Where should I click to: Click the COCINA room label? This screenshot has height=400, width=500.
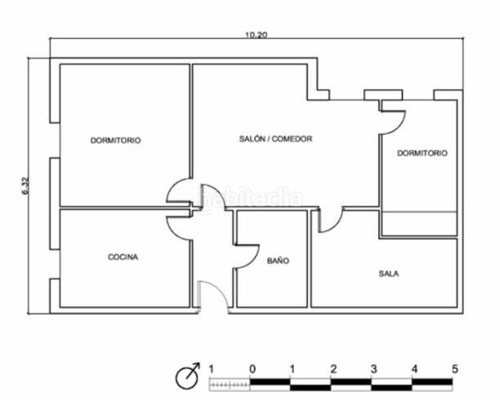tap(123, 257)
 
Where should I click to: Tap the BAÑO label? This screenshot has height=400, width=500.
tap(278, 260)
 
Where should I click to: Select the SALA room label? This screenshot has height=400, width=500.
tap(389, 273)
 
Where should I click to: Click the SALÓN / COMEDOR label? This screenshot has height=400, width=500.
tap(276, 139)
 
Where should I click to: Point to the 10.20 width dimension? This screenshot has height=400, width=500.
tap(256, 35)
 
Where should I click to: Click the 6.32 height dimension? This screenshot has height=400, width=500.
tap(25, 185)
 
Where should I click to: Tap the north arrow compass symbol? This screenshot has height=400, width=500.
tap(188, 376)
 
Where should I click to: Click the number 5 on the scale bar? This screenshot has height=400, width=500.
tap(455, 369)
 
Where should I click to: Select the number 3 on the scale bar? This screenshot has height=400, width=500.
tap(373, 369)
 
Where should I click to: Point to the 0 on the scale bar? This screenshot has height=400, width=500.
tap(252, 369)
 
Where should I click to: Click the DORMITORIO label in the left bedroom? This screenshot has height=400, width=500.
tap(116, 140)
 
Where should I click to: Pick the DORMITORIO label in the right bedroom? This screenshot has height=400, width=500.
tap(422, 153)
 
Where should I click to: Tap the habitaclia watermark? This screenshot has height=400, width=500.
tap(250, 197)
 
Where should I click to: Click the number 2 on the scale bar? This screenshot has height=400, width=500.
tap(333, 369)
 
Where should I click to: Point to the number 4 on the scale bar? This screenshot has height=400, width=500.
tap(414, 369)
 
